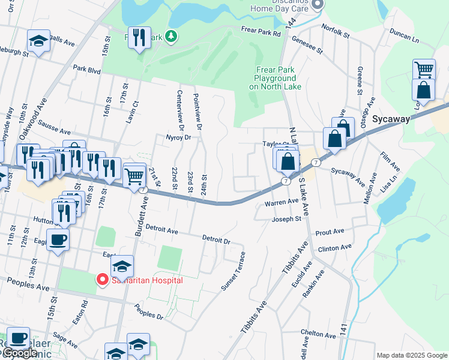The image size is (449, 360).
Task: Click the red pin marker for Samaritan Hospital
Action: tap(102, 280)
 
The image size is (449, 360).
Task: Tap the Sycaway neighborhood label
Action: tap(391, 119)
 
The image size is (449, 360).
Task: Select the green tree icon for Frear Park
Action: tap(172, 37)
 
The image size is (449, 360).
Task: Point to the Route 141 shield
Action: tap(343, 329)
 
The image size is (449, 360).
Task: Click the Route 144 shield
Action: tap(291, 22)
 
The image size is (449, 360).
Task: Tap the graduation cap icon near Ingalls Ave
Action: tap(38, 41)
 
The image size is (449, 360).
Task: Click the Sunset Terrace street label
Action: tap(234, 272)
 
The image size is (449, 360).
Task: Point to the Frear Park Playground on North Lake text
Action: tap(275, 78)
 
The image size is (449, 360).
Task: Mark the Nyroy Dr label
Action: tap(177, 137)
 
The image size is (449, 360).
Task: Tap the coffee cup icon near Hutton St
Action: tap(58, 240)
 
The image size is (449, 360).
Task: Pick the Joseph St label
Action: tap(287, 219)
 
